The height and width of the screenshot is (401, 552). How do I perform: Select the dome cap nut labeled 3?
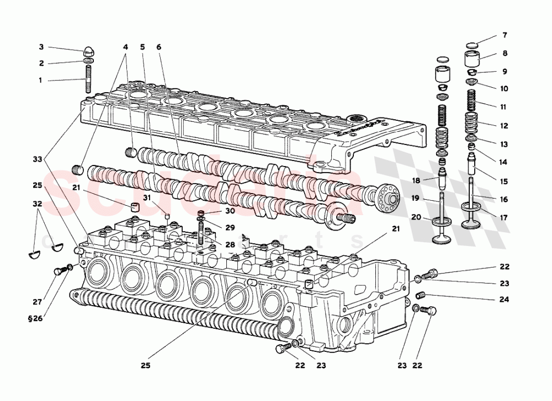click(x=88, y=51)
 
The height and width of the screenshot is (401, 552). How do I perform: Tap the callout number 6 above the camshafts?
click(x=159, y=47)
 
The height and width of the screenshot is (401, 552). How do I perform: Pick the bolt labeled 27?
click(x=59, y=271)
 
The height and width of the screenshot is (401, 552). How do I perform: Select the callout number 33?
click(x=37, y=159)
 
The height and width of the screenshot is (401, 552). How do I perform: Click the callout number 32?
click(x=38, y=203)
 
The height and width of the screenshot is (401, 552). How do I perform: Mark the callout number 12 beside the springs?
click(x=503, y=126)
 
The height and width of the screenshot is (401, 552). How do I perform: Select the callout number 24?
click(x=503, y=300)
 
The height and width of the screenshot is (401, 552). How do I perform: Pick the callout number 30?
click(x=230, y=211)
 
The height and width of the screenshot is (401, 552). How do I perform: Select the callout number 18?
click(x=416, y=180)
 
